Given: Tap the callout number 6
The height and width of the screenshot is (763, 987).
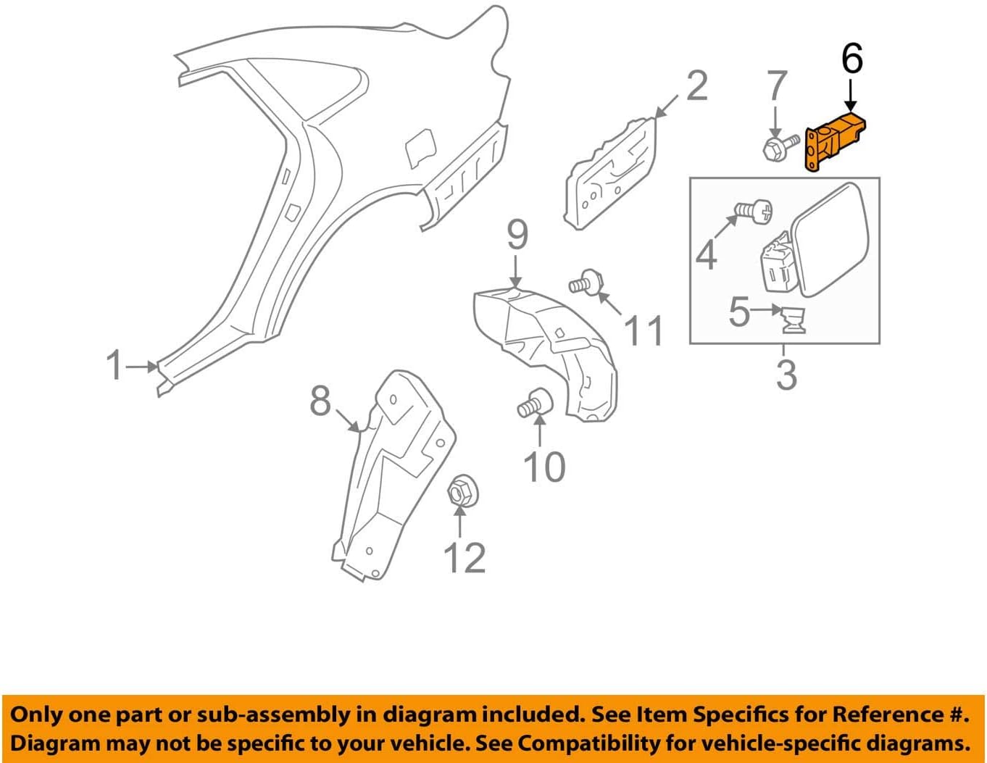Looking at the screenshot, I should (x=852, y=59).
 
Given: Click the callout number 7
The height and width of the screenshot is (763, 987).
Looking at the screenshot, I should (x=777, y=86).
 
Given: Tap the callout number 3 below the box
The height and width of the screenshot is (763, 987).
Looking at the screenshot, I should (x=786, y=375).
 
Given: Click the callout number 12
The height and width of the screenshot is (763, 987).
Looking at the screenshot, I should (x=464, y=557).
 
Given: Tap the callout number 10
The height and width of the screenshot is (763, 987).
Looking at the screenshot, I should (x=544, y=467).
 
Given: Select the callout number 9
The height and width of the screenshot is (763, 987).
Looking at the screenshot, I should (x=517, y=235).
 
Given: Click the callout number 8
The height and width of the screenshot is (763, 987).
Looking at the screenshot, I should (x=320, y=401).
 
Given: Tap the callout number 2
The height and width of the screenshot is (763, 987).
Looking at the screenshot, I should (x=696, y=86).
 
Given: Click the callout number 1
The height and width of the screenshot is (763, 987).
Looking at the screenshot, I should (x=114, y=365).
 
